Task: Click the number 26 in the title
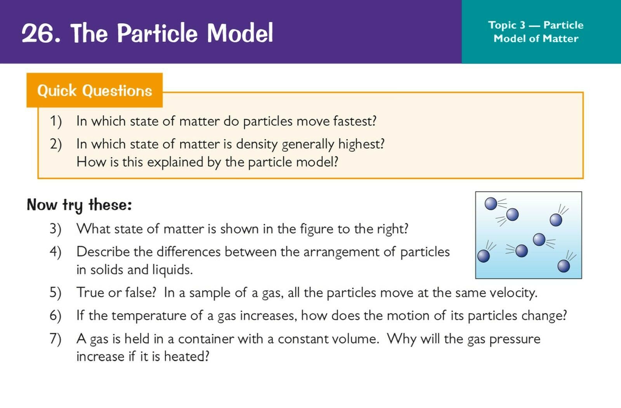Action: [x=38, y=33]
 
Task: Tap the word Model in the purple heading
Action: [x=240, y=33]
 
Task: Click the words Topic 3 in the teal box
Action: [x=507, y=25]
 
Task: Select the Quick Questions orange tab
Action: [x=95, y=90]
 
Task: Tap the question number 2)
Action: [x=56, y=144]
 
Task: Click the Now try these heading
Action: [x=79, y=205]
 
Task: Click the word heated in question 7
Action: [x=186, y=356]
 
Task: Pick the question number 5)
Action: [x=56, y=293]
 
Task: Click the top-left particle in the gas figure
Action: [x=491, y=204]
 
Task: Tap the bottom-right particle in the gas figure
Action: [x=564, y=266]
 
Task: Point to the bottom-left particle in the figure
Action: [x=484, y=256]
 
